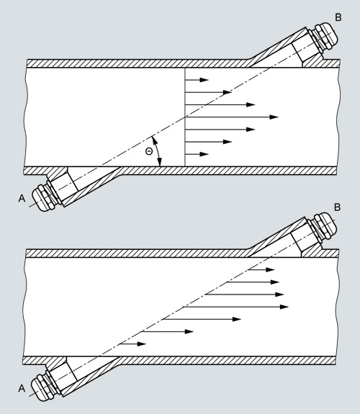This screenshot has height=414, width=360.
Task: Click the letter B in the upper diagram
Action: pos(338,17)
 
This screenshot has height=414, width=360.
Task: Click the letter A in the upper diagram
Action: pos(22,198)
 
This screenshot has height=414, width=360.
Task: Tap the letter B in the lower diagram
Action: pos(337,207)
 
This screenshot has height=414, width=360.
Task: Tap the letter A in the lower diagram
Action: pos(22,388)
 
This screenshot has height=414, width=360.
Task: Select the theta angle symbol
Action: pos(149,151)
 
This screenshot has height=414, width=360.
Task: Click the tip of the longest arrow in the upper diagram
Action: pos(279,117)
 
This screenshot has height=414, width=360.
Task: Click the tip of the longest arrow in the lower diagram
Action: pos(289,307)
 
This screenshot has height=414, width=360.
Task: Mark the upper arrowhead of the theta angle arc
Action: pos(154,140)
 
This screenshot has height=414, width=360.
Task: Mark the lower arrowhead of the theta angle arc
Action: pos(160,162)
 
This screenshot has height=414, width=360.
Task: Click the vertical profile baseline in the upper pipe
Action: pos(185,117)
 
